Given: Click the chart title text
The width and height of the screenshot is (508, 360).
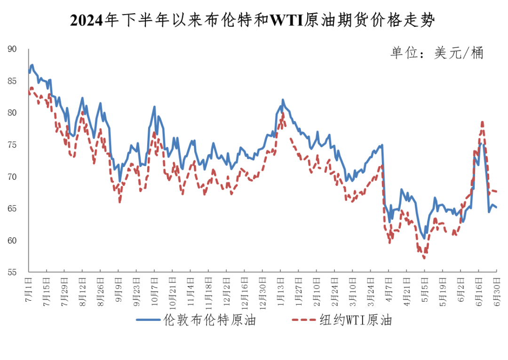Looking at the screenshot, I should (x=253, y=20).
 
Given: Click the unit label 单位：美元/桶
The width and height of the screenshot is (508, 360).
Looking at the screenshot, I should (x=437, y=53).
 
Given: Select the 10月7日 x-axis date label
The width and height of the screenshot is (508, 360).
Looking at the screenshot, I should (x=154, y=291).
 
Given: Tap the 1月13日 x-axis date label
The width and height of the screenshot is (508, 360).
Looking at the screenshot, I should (x=281, y=291).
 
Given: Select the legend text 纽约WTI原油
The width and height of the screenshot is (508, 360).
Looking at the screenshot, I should (x=356, y=320).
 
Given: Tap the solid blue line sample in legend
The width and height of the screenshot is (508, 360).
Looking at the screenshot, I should (x=149, y=320).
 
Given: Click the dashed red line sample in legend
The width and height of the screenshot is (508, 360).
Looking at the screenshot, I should (x=304, y=320).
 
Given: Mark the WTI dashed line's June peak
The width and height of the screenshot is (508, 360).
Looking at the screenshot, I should (x=482, y=122).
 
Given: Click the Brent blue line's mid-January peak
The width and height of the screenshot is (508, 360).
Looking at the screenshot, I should (x=283, y=100).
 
